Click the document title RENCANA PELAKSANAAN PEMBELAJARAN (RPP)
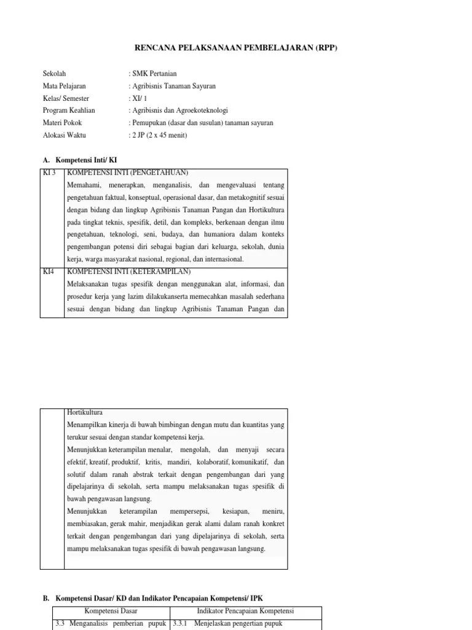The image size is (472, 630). [236, 48]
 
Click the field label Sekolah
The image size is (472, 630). [54, 74]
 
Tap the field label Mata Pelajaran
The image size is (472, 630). [64, 86]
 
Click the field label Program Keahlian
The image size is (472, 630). [69, 111]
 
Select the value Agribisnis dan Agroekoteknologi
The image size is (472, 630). [178, 111]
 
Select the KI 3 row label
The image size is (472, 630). [49, 172]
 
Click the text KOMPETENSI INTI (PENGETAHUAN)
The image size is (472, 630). [127, 172]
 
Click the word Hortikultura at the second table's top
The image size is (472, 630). [85, 412]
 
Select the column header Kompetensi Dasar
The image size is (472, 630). [111, 611]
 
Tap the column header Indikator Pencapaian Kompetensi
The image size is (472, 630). [245, 611]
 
